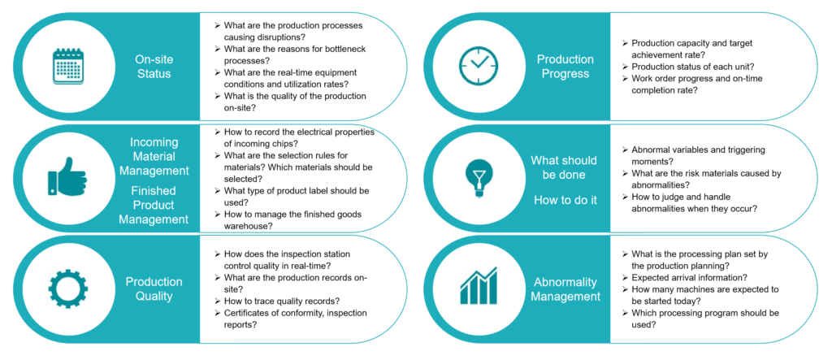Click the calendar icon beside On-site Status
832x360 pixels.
pyautogui.click(x=68, y=66)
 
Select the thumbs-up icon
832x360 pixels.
pyautogui.click(x=67, y=176)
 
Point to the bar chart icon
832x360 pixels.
pyautogui.click(x=479, y=286)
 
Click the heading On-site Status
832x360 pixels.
pyautogui.click(x=154, y=67)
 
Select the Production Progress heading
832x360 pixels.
pyautogui.click(x=565, y=67)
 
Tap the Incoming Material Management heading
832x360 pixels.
pyautogui.click(x=154, y=157)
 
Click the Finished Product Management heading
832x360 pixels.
pyautogui.click(x=154, y=205)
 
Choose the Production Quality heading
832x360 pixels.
pyautogui.click(x=154, y=288)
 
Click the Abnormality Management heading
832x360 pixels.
pyautogui.click(x=565, y=289)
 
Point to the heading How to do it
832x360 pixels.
pyautogui.click(x=565, y=200)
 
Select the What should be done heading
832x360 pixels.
pyautogui.click(x=564, y=167)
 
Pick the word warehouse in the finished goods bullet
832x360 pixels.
pyautogui.click(x=246, y=226)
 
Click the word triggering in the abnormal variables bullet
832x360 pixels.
pyautogui.click(x=741, y=150)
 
